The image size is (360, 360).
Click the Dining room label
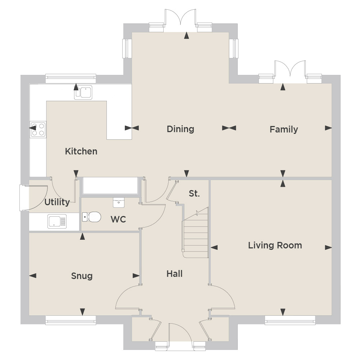(x=181, y=129)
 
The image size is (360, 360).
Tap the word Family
(x=284, y=130)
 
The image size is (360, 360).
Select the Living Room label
(x=275, y=246)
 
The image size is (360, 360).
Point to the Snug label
(x=82, y=276)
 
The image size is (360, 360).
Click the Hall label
(x=174, y=274)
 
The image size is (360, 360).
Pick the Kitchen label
(x=81, y=151)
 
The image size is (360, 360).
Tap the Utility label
(x=57, y=202)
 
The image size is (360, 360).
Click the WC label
(x=118, y=219)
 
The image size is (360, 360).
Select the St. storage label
(x=194, y=194)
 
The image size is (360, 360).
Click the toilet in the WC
(x=92, y=217)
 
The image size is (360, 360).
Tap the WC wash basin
(x=119, y=202)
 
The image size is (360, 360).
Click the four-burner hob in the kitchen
(x=38, y=129)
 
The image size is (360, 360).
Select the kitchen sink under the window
(x=83, y=93)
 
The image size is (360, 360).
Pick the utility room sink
(x=57, y=221)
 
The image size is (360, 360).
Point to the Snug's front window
(x=71, y=320)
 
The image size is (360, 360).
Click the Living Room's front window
(x=290, y=320)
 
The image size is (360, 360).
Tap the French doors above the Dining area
(x=181, y=20)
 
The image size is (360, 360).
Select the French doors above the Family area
(x=290, y=72)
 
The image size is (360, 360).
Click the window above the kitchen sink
(x=71, y=78)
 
